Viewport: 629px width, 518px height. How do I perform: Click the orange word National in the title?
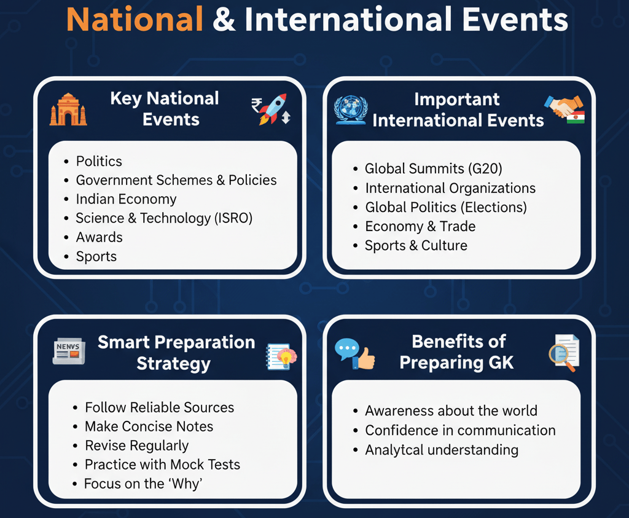point(135,20)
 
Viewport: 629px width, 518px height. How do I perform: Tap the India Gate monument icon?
point(68,110)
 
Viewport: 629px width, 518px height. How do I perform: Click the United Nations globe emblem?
point(350,109)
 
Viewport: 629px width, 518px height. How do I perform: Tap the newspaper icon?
point(69,352)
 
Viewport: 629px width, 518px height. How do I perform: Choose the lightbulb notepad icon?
point(281,357)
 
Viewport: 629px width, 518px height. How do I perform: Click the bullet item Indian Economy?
point(126,199)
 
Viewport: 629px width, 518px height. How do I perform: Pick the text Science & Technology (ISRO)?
point(164,218)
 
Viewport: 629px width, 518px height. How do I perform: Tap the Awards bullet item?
point(99,237)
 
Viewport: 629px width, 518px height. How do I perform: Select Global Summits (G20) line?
point(434,168)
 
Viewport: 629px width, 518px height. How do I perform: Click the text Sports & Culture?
point(416,245)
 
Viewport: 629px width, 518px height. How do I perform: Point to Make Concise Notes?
point(149,426)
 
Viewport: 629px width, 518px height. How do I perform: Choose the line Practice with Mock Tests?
point(162,465)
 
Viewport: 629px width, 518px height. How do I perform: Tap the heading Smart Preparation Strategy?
point(176,352)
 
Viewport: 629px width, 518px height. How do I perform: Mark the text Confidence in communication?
point(460,430)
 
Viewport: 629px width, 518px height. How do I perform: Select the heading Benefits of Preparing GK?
point(458,351)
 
